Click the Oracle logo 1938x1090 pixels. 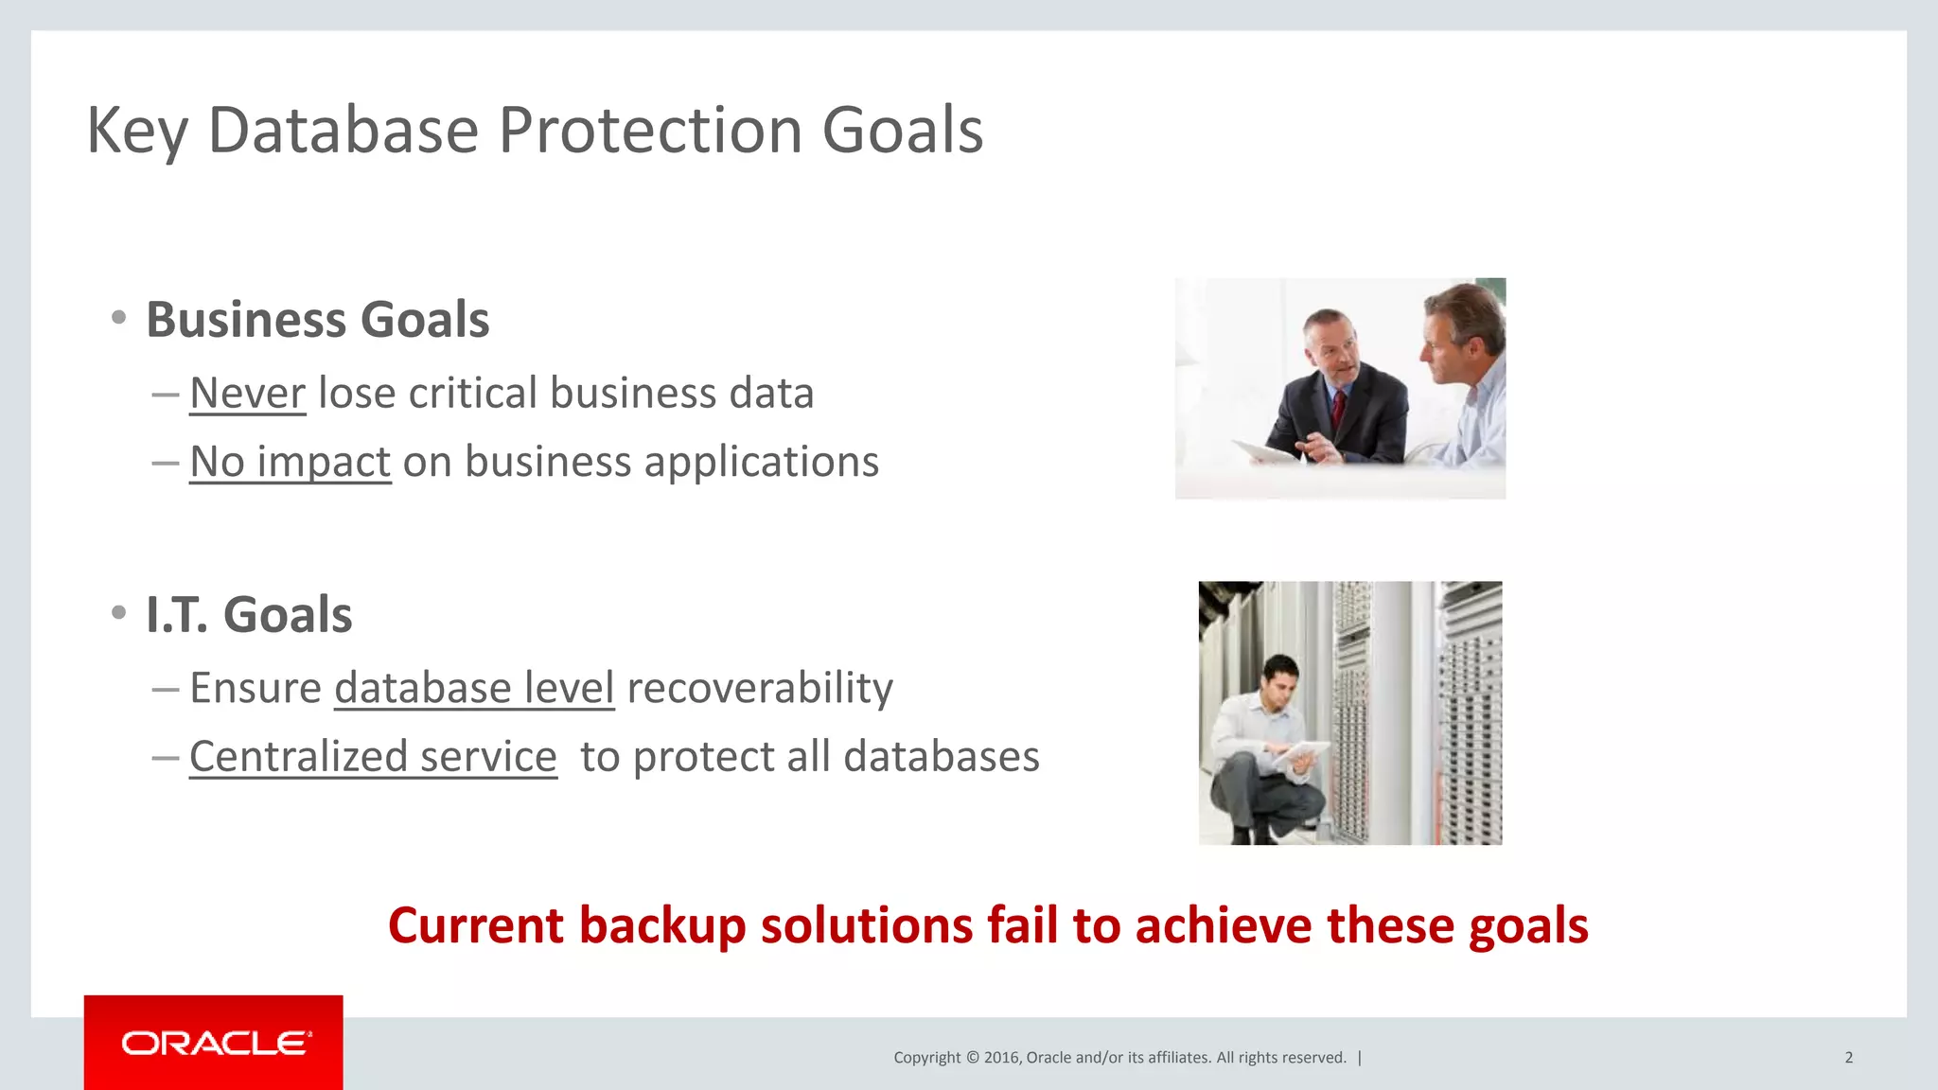[215, 1043]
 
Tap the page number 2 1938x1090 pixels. [1848, 1058]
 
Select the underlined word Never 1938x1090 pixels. [247, 393]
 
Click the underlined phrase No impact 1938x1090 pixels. [290, 462]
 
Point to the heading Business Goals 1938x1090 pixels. [317, 320]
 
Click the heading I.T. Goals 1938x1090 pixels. [249, 615]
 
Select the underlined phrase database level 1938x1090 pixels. [474, 688]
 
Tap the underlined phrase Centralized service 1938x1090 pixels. [373, 757]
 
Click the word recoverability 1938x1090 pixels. [760, 688]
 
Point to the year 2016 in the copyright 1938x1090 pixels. [1001, 1058]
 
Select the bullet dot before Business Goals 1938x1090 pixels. [118, 318]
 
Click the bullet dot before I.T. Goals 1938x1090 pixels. [118, 613]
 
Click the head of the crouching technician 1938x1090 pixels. [1280, 677]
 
